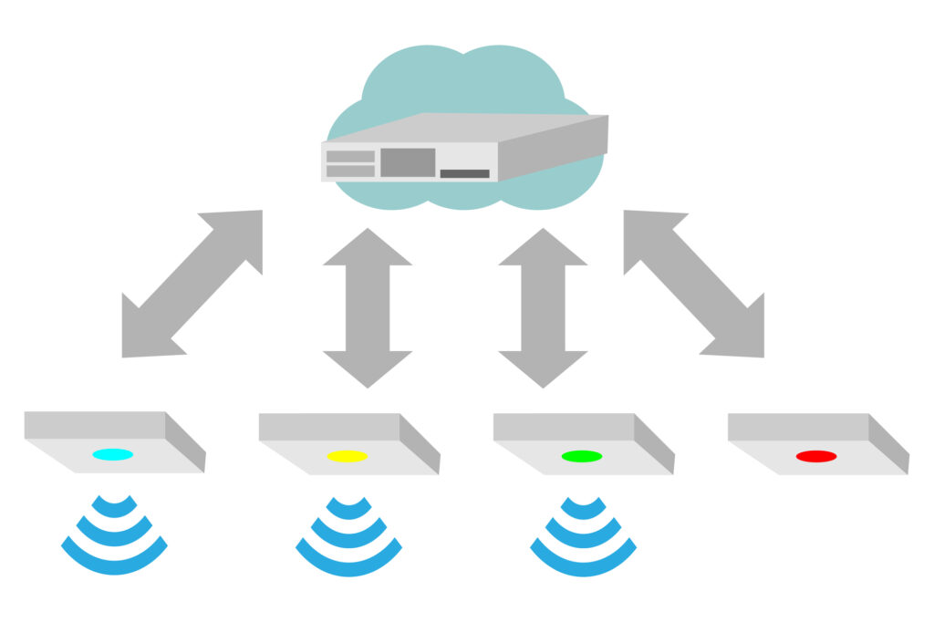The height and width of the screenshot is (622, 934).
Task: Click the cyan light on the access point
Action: click(113, 454)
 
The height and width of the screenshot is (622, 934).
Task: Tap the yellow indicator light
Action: click(348, 456)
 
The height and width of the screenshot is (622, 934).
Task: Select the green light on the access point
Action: click(582, 456)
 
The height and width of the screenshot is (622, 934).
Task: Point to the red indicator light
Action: click(816, 456)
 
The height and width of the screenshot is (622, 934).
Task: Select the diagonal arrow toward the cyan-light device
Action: click(192, 284)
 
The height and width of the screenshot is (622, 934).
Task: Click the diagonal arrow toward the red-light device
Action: click(694, 284)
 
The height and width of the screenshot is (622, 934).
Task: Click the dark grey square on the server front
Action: click(408, 162)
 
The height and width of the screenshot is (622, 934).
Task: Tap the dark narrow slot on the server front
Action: click(464, 173)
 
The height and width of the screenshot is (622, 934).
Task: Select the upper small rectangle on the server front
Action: click(350, 157)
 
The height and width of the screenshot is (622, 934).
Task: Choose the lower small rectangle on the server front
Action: click(350, 171)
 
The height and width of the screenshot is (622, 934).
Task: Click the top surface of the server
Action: click(465, 127)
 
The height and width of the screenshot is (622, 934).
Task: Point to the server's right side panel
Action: click(553, 148)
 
